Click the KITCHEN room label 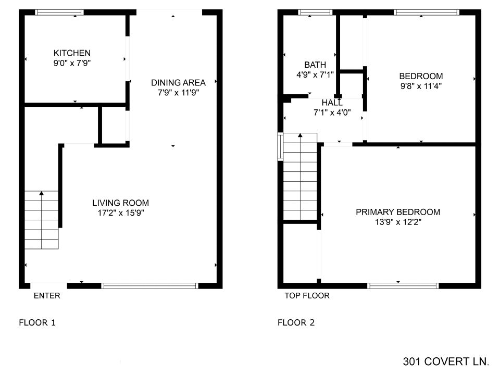pyautogui.click(x=72, y=53)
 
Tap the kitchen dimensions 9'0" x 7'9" pyautogui.click(x=72, y=63)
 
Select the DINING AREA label pyautogui.click(x=178, y=83)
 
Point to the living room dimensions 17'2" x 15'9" pyautogui.click(x=121, y=213)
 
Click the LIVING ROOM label pyautogui.click(x=120, y=203)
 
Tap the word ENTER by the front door pyautogui.click(x=47, y=296)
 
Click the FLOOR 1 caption pyautogui.click(x=37, y=323)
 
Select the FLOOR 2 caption pyautogui.click(x=296, y=323)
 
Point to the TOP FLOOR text pyautogui.click(x=307, y=296)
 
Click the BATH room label pyautogui.click(x=315, y=65)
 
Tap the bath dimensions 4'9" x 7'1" pyautogui.click(x=315, y=74)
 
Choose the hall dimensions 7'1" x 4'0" pyautogui.click(x=332, y=113)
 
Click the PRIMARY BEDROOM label pyautogui.click(x=398, y=212)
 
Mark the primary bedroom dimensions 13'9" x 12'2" pyautogui.click(x=398, y=222)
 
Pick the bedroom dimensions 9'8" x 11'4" pyautogui.click(x=421, y=86)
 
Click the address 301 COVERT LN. pyautogui.click(x=446, y=361)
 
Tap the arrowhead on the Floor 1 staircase pyautogui.click(x=42, y=193)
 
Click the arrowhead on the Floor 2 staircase pyautogui.click(x=300, y=135)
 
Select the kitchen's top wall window pyautogui.click(x=59, y=12)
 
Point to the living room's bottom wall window pyautogui.click(x=150, y=286)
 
